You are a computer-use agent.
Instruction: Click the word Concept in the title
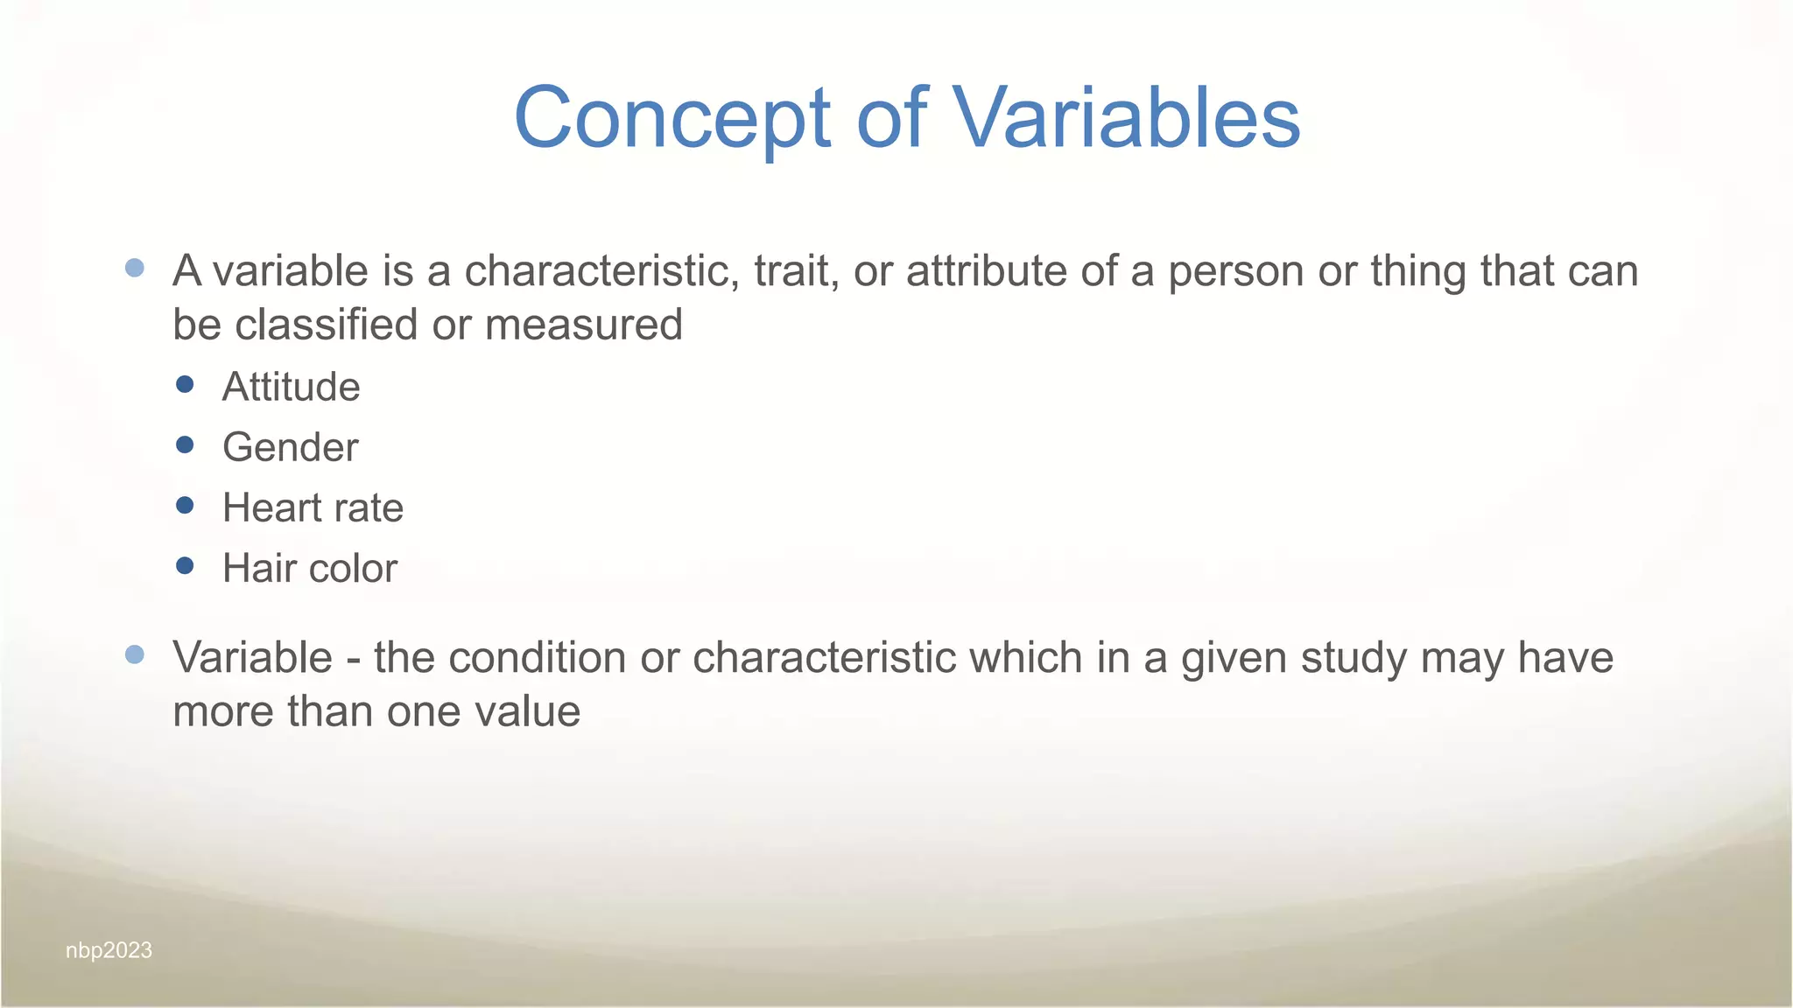(x=672, y=118)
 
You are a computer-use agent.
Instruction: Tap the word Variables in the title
(x=1126, y=118)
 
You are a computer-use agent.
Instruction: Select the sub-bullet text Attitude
(x=291, y=387)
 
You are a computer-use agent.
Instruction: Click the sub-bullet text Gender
(x=290, y=447)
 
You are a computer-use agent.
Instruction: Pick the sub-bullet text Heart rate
(x=313, y=507)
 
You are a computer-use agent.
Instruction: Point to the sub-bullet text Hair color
(x=309, y=568)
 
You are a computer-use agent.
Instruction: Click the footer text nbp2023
(x=109, y=950)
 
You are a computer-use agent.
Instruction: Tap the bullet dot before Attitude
(x=185, y=384)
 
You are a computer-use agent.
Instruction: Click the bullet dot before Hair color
(x=185, y=565)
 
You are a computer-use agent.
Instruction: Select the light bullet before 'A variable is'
(x=135, y=268)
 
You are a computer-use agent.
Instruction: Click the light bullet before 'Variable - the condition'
(x=135, y=654)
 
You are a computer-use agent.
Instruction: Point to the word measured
(x=583, y=325)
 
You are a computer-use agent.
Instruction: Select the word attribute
(x=986, y=270)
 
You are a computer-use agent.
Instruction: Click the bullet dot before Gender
(x=185, y=444)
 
